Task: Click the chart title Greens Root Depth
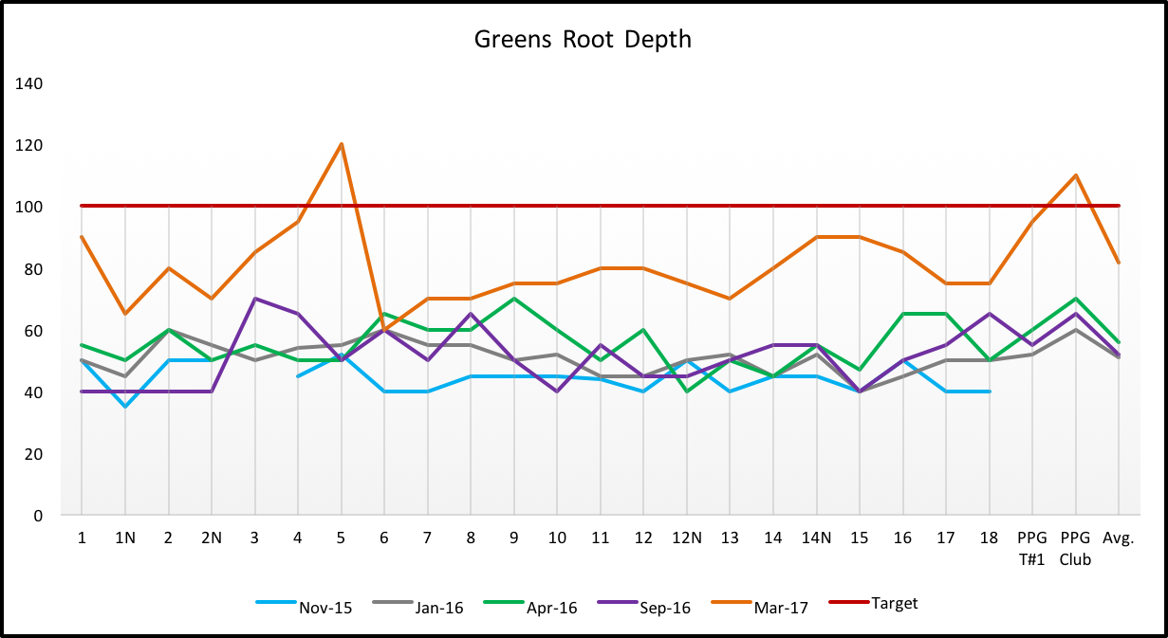point(583,40)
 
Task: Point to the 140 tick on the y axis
point(29,83)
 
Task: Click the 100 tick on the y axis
point(29,207)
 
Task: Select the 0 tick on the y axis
point(38,517)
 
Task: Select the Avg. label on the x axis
point(1120,538)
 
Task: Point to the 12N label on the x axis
point(686,538)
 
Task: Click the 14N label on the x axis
point(816,538)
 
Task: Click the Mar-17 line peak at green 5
point(341,144)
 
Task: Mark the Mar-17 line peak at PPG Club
point(1076,175)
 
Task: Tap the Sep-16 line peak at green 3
point(254,299)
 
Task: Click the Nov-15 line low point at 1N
point(124,407)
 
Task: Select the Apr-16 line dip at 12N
point(686,392)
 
